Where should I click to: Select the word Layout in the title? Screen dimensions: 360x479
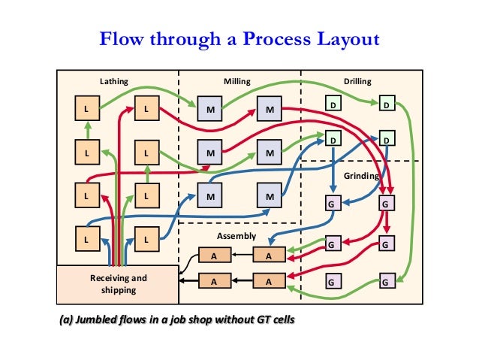tap(344, 38)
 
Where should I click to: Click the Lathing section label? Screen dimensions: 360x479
tap(113, 81)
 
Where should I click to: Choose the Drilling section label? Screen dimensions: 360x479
tap(357, 81)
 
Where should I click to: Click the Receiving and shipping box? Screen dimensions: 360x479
tap(118, 284)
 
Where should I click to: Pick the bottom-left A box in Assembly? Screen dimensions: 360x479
tap(213, 282)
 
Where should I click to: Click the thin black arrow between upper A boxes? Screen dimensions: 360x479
tap(239, 255)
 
